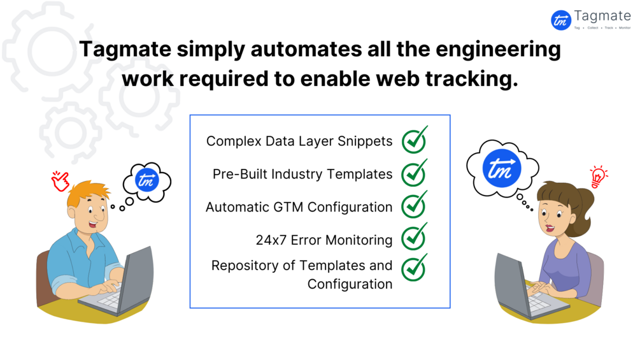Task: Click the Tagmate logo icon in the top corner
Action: click(x=561, y=20)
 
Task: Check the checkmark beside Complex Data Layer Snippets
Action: click(x=414, y=141)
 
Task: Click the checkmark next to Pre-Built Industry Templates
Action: click(x=414, y=173)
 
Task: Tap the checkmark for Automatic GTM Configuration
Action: click(x=414, y=205)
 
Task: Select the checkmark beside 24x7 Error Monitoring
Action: click(x=414, y=238)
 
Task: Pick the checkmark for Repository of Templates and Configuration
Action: click(x=414, y=268)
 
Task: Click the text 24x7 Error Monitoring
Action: click(x=324, y=240)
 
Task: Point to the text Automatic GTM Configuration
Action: click(x=299, y=207)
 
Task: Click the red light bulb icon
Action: click(x=599, y=176)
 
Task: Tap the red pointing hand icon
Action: click(x=60, y=182)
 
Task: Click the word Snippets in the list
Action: click(x=365, y=141)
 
